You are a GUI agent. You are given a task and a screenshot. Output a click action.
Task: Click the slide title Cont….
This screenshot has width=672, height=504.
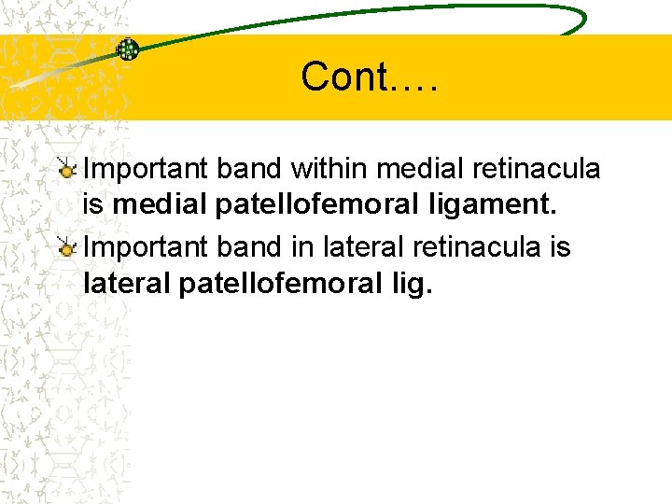point(370,77)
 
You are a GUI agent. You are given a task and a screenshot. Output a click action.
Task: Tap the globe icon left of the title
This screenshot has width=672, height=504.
point(128,49)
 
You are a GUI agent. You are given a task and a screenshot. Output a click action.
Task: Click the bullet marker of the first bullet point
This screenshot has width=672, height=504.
point(66,170)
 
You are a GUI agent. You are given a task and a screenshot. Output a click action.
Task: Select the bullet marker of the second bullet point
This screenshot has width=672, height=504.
point(66,248)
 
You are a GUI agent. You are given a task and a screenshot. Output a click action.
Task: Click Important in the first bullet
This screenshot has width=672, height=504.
point(147,169)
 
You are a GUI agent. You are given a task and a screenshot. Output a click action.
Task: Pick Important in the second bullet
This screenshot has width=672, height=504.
point(147,248)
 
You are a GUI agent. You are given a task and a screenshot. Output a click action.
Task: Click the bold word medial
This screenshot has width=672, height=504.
point(160,203)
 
